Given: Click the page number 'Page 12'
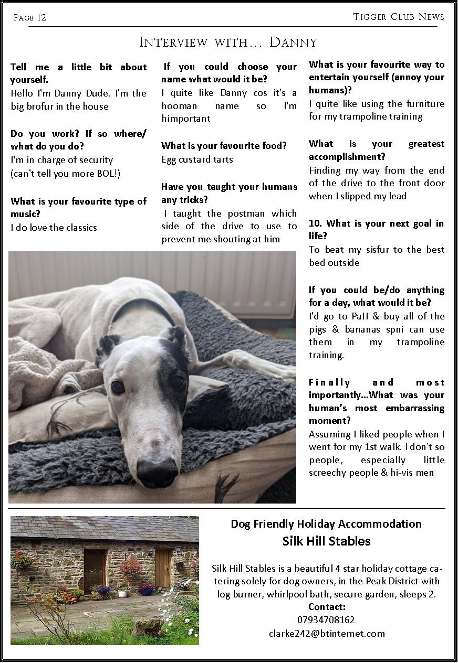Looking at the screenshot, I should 30,18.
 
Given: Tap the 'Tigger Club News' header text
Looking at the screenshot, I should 399,17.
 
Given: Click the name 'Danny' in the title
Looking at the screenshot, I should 294,42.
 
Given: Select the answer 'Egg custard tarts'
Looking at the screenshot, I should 197,159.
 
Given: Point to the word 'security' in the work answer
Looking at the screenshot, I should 95,160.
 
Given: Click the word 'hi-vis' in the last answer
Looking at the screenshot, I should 399,473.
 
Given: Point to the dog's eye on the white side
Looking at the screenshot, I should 118,387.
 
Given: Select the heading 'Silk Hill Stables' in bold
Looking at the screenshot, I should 326,541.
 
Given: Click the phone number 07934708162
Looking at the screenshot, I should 326,620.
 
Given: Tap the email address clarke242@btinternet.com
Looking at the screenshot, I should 326,633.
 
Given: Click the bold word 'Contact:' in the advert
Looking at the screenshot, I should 327,607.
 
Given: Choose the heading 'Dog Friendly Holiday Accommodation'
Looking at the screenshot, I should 326,524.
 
